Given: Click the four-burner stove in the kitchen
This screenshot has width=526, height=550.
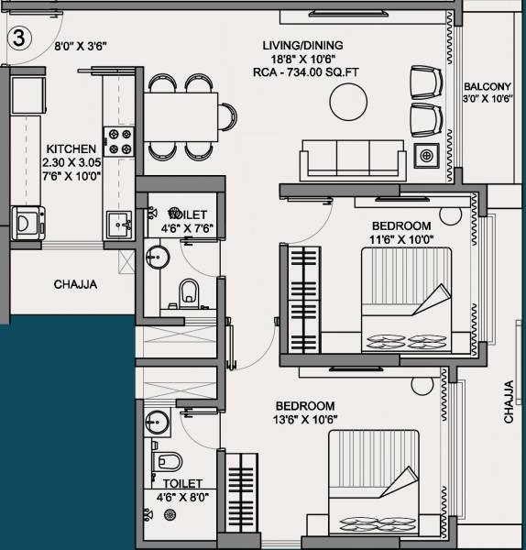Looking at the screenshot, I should pos(120,139).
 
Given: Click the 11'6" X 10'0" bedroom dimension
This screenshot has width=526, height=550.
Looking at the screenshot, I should pos(400,240).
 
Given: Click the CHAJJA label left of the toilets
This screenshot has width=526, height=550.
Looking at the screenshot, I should pos(75,285).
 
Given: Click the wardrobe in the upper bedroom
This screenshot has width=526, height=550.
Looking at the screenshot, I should pos(301,300).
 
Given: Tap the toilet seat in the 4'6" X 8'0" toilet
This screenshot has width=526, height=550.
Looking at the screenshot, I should pos(170,460).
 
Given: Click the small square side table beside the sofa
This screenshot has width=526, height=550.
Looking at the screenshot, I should pos(426,156).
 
